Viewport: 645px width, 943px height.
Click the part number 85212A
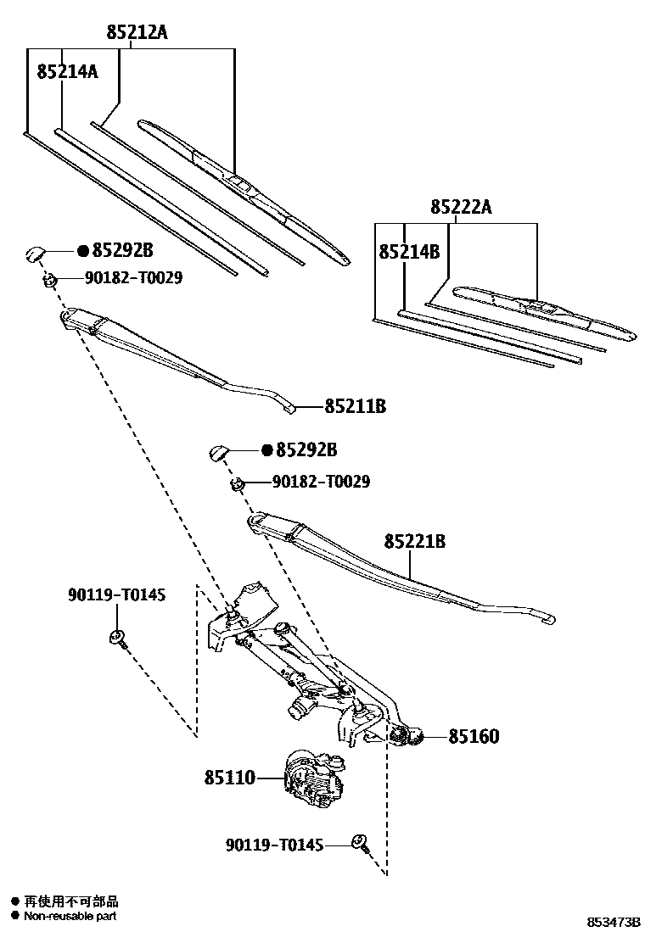pos(137,33)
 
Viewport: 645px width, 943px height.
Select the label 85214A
pos(67,72)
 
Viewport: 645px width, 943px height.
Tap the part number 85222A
pos(461,208)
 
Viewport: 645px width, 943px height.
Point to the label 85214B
pos(409,252)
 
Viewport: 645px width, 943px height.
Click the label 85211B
pos(355,407)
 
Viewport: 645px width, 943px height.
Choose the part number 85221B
pos(415,541)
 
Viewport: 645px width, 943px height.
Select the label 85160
pos(474,737)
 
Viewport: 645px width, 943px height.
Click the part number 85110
pos(229,777)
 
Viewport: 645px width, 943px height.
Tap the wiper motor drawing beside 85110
pos(314,777)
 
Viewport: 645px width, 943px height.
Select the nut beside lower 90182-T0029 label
pos(238,483)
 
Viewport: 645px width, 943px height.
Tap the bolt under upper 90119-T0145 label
pos(117,639)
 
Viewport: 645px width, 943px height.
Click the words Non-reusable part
pos(70,916)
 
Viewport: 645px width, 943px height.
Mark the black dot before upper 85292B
pos(83,251)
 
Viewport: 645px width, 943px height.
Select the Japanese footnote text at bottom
pos(70,901)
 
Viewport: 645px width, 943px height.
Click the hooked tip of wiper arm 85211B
pos(292,410)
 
